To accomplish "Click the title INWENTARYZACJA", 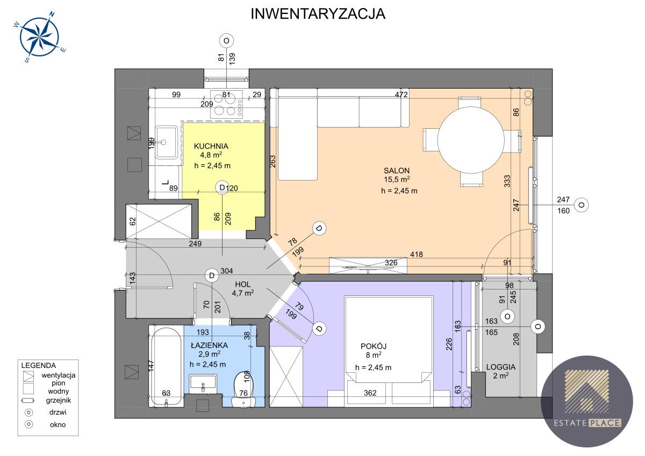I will coord(318,14).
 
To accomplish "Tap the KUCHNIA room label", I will coord(211,146).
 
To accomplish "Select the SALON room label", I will coord(397,170).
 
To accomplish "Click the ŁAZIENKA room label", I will coord(208,345).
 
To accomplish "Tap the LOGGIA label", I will coord(501,367).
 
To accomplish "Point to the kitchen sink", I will coord(166,142).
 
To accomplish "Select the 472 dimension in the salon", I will coord(402,95).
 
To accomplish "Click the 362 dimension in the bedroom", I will coord(370,393).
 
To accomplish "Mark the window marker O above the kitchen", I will coord(227,41).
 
